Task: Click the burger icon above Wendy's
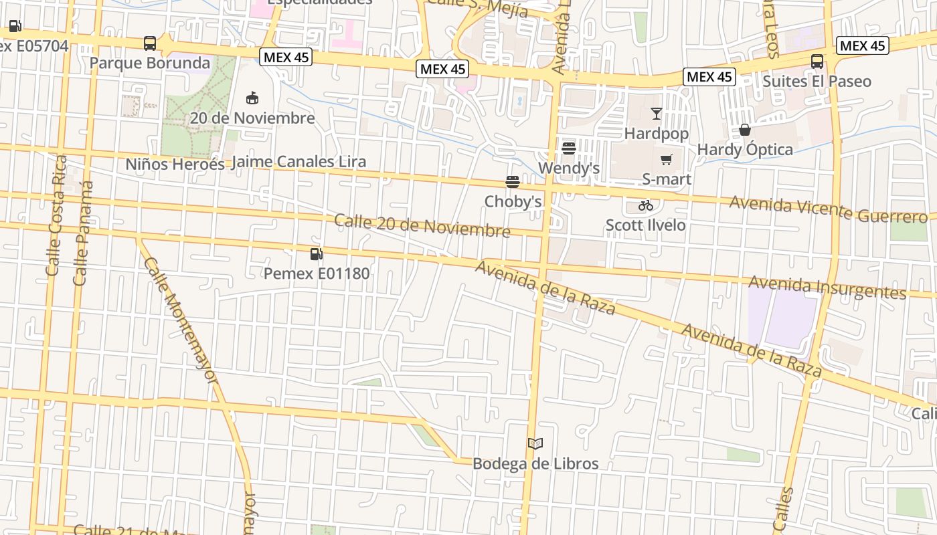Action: click(x=569, y=148)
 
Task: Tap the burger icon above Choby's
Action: click(x=513, y=181)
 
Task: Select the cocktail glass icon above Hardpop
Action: click(x=656, y=113)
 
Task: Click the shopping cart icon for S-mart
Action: click(x=666, y=159)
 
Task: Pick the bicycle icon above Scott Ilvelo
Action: click(x=645, y=205)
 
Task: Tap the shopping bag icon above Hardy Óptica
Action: click(x=744, y=129)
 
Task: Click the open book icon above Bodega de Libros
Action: click(x=535, y=443)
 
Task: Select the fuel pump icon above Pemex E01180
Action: click(x=316, y=253)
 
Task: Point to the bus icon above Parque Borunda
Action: click(x=150, y=43)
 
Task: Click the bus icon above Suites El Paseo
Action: click(x=817, y=62)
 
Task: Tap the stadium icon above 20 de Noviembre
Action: click(x=252, y=98)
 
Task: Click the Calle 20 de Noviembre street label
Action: click(x=422, y=226)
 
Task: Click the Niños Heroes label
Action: click(x=175, y=164)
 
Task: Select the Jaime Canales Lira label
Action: click(x=299, y=162)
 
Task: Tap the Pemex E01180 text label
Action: click(x=316, y=273)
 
